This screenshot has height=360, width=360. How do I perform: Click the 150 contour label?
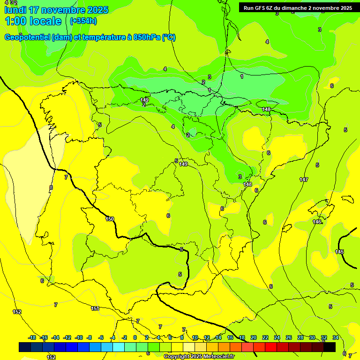coord(110,219)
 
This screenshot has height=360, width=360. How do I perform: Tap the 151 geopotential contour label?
coord(95,308)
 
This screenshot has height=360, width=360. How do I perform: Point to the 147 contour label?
coord(304,180)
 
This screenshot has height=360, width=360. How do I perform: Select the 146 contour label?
coord(317,222)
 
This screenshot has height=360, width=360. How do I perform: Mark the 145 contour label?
coord(339,252)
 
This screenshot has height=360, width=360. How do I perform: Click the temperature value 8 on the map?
coord(51,187)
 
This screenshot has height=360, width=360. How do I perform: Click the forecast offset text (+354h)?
coord(83,21)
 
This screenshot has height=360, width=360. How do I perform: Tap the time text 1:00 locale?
coord(33,21)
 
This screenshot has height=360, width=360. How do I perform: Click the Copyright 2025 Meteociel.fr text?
coord(199,356)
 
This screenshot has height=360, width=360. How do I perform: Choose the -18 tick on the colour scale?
coord(32,337)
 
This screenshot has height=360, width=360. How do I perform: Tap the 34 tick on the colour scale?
coord(336,337)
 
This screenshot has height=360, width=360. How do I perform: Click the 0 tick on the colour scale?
coord(135,337)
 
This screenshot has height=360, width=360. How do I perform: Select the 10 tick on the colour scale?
coord(195,337)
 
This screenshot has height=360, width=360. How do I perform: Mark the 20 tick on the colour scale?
coord(254,337)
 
